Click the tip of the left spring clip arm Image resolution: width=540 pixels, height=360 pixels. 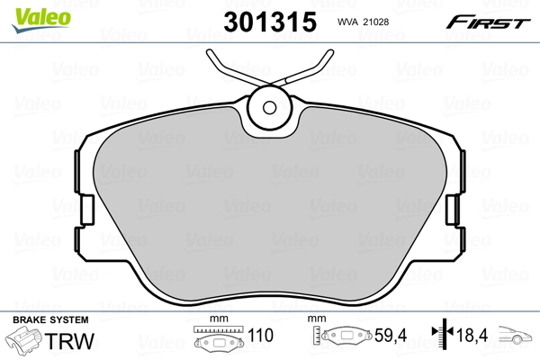point(210,51)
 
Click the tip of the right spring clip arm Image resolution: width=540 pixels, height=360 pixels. point(330,51)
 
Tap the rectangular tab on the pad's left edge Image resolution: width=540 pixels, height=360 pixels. point(87,210)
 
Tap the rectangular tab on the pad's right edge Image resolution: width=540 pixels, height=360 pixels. point(453,210)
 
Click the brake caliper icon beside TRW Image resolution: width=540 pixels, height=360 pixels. point(25,344)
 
